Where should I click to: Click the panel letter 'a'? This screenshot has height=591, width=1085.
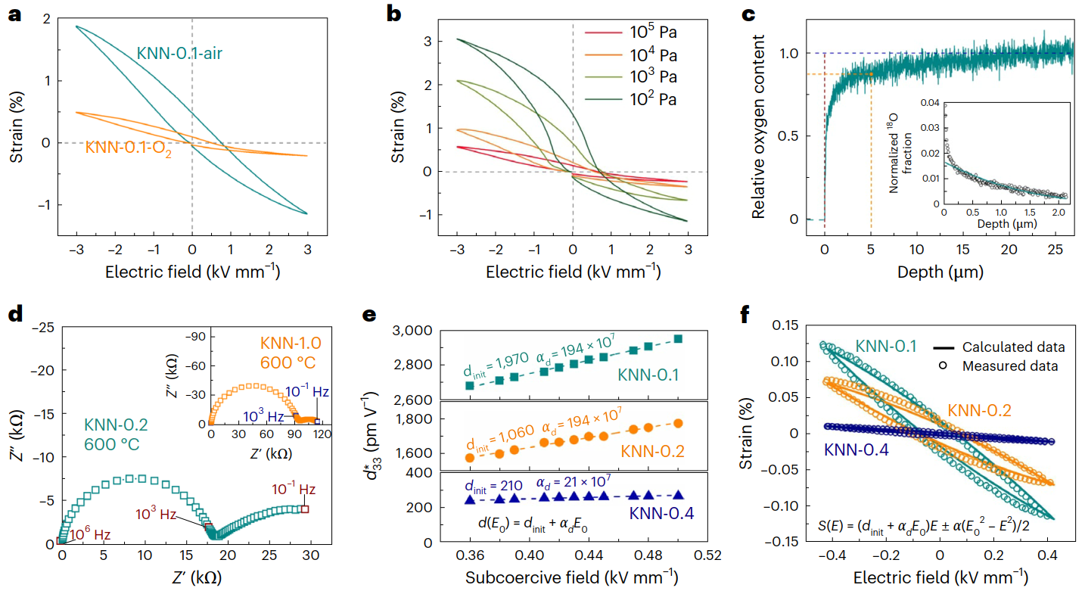14,14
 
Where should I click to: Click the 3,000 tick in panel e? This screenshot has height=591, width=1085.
412,331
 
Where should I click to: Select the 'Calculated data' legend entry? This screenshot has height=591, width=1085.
1014,347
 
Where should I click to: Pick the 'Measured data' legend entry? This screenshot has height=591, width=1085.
1010,366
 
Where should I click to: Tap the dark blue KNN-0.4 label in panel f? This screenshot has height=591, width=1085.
856,449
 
